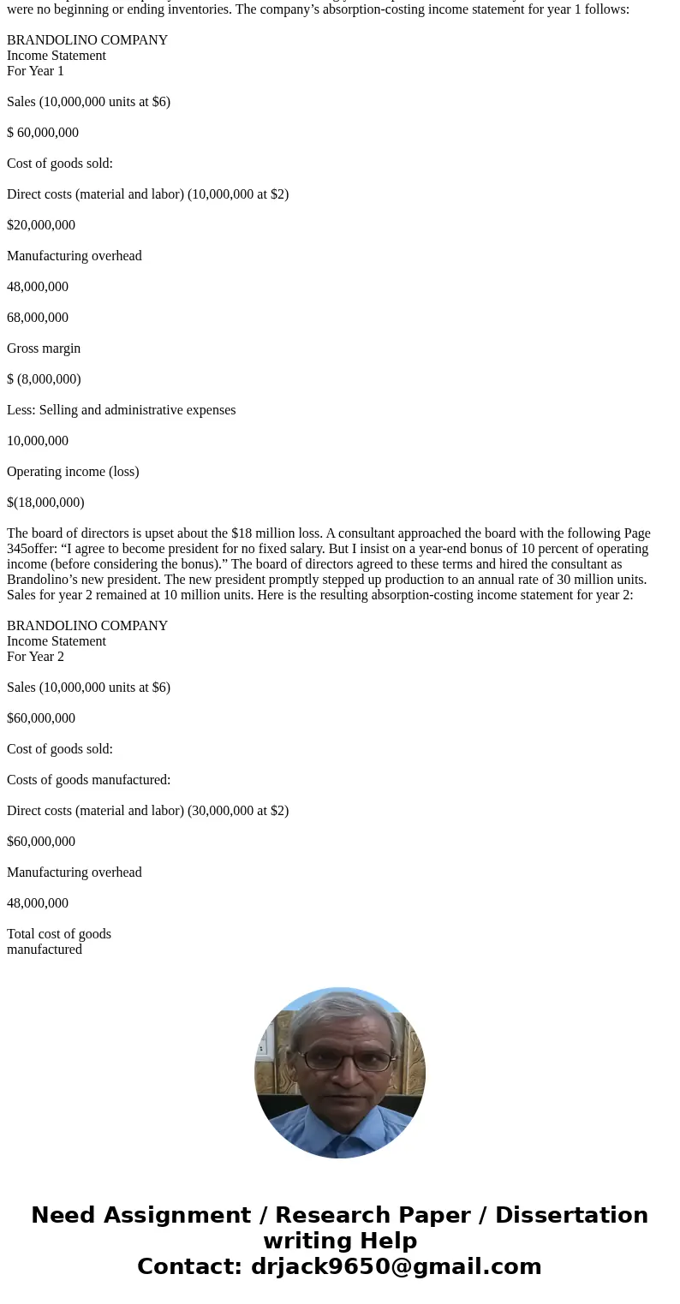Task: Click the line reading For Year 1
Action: point(35,71)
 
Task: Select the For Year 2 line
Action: point(35,657)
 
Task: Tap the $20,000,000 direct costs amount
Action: point(41,225)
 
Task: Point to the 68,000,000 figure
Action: point(38,318)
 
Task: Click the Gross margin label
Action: point(44,348)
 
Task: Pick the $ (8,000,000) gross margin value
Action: point(44,379)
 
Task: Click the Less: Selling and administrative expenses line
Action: point(121,410)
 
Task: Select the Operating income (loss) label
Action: point(73,472)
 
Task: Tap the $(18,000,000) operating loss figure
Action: point(45,503)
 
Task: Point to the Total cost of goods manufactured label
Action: point(58,942)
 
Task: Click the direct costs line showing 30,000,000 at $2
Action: point(147,811)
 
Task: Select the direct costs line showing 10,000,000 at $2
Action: point(147,194)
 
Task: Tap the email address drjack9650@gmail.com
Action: point(396,1267)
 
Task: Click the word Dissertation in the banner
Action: point(571,1216)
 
